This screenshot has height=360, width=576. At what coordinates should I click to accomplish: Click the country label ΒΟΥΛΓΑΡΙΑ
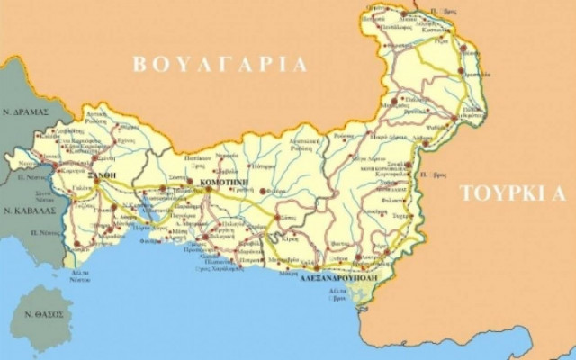(x=220, y=65)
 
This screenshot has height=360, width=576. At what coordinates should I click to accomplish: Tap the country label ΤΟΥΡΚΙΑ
(x=512, y=193)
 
